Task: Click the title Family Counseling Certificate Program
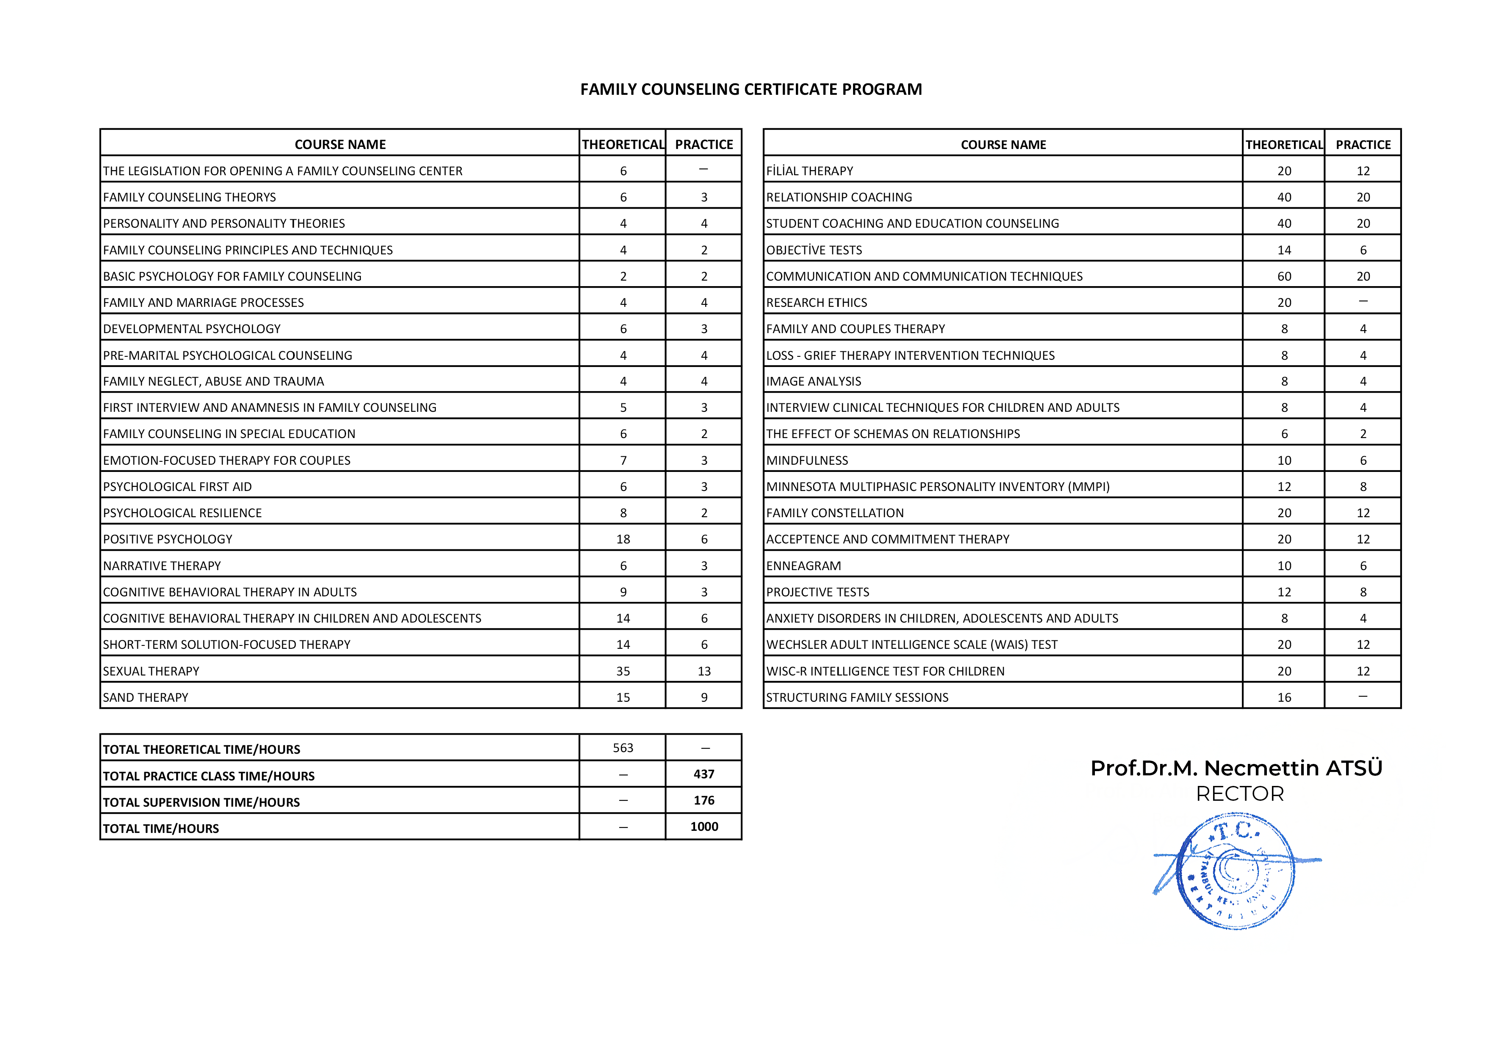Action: pos(751,89)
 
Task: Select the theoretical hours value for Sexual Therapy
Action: pos(623,671)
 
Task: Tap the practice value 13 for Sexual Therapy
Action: pos(704,671)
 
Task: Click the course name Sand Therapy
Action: pos(145,697)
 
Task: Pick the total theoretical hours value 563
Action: pos(623,747)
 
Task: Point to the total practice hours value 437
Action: pos(704,774)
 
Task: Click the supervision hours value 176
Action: pos(704,800)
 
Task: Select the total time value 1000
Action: pos(704,827)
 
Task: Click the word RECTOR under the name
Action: pos(1240,794)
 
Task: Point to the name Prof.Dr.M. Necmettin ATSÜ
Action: pos(1236,769)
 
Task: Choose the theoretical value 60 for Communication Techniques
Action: pos(1284,276)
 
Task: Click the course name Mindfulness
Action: pos(807,460)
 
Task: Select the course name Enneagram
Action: pos(803,566)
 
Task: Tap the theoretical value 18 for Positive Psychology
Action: pos(623,539)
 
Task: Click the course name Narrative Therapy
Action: pos(162,566)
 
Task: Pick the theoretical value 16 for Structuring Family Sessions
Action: pos(1284,697)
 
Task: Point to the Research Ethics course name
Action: pos(817,303)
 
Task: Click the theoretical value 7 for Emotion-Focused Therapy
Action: pos(623,460)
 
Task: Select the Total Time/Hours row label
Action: pos(161,828)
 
